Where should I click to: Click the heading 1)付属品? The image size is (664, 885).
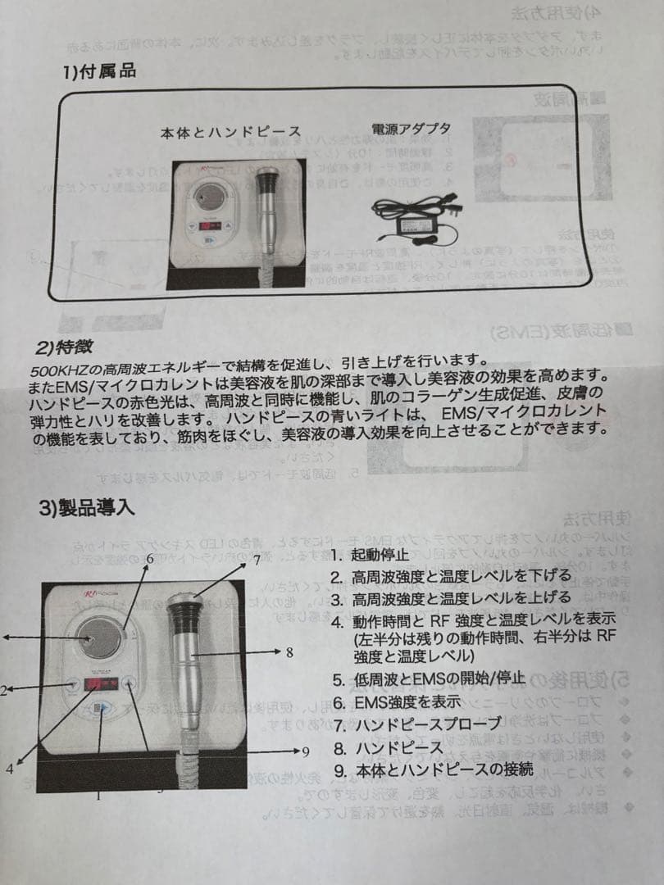pyautogui.click(x=99, y=71)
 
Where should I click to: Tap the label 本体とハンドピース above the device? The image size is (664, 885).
pyautogui.click(x=230, y=131)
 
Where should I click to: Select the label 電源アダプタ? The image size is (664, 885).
pyautogui.click(x=411, y=130)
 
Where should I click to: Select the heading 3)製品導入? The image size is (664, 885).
pyautogui.click(x=86, y=507)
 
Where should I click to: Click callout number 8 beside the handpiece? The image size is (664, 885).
pyautogui.click(x=289, y=653)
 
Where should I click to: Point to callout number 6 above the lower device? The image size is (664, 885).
pyautogui.click(x=150, y=559)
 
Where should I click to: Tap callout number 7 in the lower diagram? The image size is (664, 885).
pyautogui.click(x=257, y=560)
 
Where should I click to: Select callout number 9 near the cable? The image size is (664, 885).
pyautogui.click(x=306, y=751)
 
